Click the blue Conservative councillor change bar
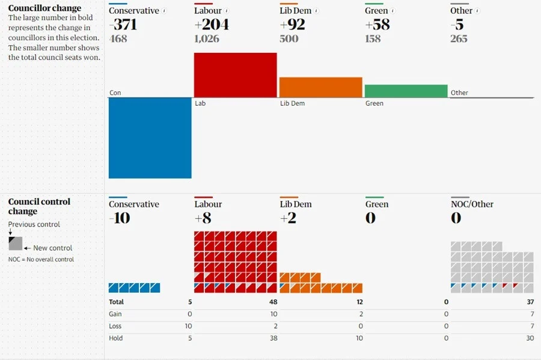[x=150, y=138]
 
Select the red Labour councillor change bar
[x=235, y=75]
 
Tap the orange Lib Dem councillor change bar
[x=320, y=87]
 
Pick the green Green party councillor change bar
[x=406, y=91]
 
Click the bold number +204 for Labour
[x=212, y=25]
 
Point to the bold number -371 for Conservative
[x=124, y=25]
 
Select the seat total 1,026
[x=207, y=39]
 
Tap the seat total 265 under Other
[x=459, y=39]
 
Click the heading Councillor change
[x=44, y=8]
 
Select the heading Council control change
[x=39, y=206]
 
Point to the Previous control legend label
[x=34, y=224]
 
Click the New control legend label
[x=53, y=248]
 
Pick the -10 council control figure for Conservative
[x=120, y=218]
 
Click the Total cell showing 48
[x=272, y=302]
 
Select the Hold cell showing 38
[x=272, y=338]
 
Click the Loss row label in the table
[x=115, y=326]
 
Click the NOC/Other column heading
[x=472, y=204]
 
